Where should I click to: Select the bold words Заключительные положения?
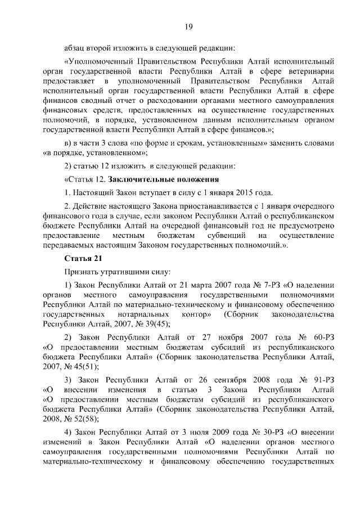tap(164, 180)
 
